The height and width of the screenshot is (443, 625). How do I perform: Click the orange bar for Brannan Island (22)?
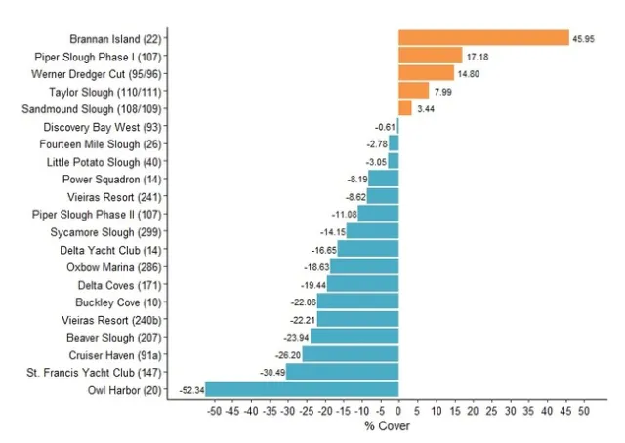(483, 37)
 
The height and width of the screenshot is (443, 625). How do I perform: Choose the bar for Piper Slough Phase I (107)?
(430, 56)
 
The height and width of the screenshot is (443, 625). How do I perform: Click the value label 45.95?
(584, 38)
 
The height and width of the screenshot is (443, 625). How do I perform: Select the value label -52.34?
(190, 390)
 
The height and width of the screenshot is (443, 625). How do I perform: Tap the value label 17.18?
(478, 56)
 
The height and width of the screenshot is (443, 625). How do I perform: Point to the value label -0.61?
(385, 127)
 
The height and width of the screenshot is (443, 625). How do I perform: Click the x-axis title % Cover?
(388, 426)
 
